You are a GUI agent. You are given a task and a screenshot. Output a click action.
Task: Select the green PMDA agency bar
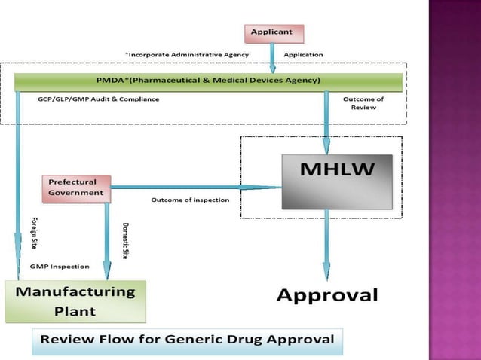tap(208, 81)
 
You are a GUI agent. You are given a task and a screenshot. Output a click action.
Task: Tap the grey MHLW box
tap(336, 182)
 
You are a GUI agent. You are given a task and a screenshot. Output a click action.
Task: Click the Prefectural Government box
tap(76, 188)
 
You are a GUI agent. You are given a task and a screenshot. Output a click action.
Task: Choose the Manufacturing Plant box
tap(75, 301)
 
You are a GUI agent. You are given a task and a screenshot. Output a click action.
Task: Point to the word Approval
tap(326, 294)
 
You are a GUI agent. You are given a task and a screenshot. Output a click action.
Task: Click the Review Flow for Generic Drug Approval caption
tap(187, 339)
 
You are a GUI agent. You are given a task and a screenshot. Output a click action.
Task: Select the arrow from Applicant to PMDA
tap(272, 57)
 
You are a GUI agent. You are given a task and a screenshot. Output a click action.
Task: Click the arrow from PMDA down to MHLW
tap(326, 121)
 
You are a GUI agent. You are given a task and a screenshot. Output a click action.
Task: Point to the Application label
tap(303, 55)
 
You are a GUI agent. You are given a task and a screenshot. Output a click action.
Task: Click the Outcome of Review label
tap(363, 103)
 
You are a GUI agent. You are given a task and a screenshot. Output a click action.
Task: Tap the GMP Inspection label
tap(60, 267)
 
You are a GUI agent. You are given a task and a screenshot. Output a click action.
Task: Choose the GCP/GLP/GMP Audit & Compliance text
tap(98, 99)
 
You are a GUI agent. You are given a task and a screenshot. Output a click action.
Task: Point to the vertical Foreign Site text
tap(34, 234)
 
